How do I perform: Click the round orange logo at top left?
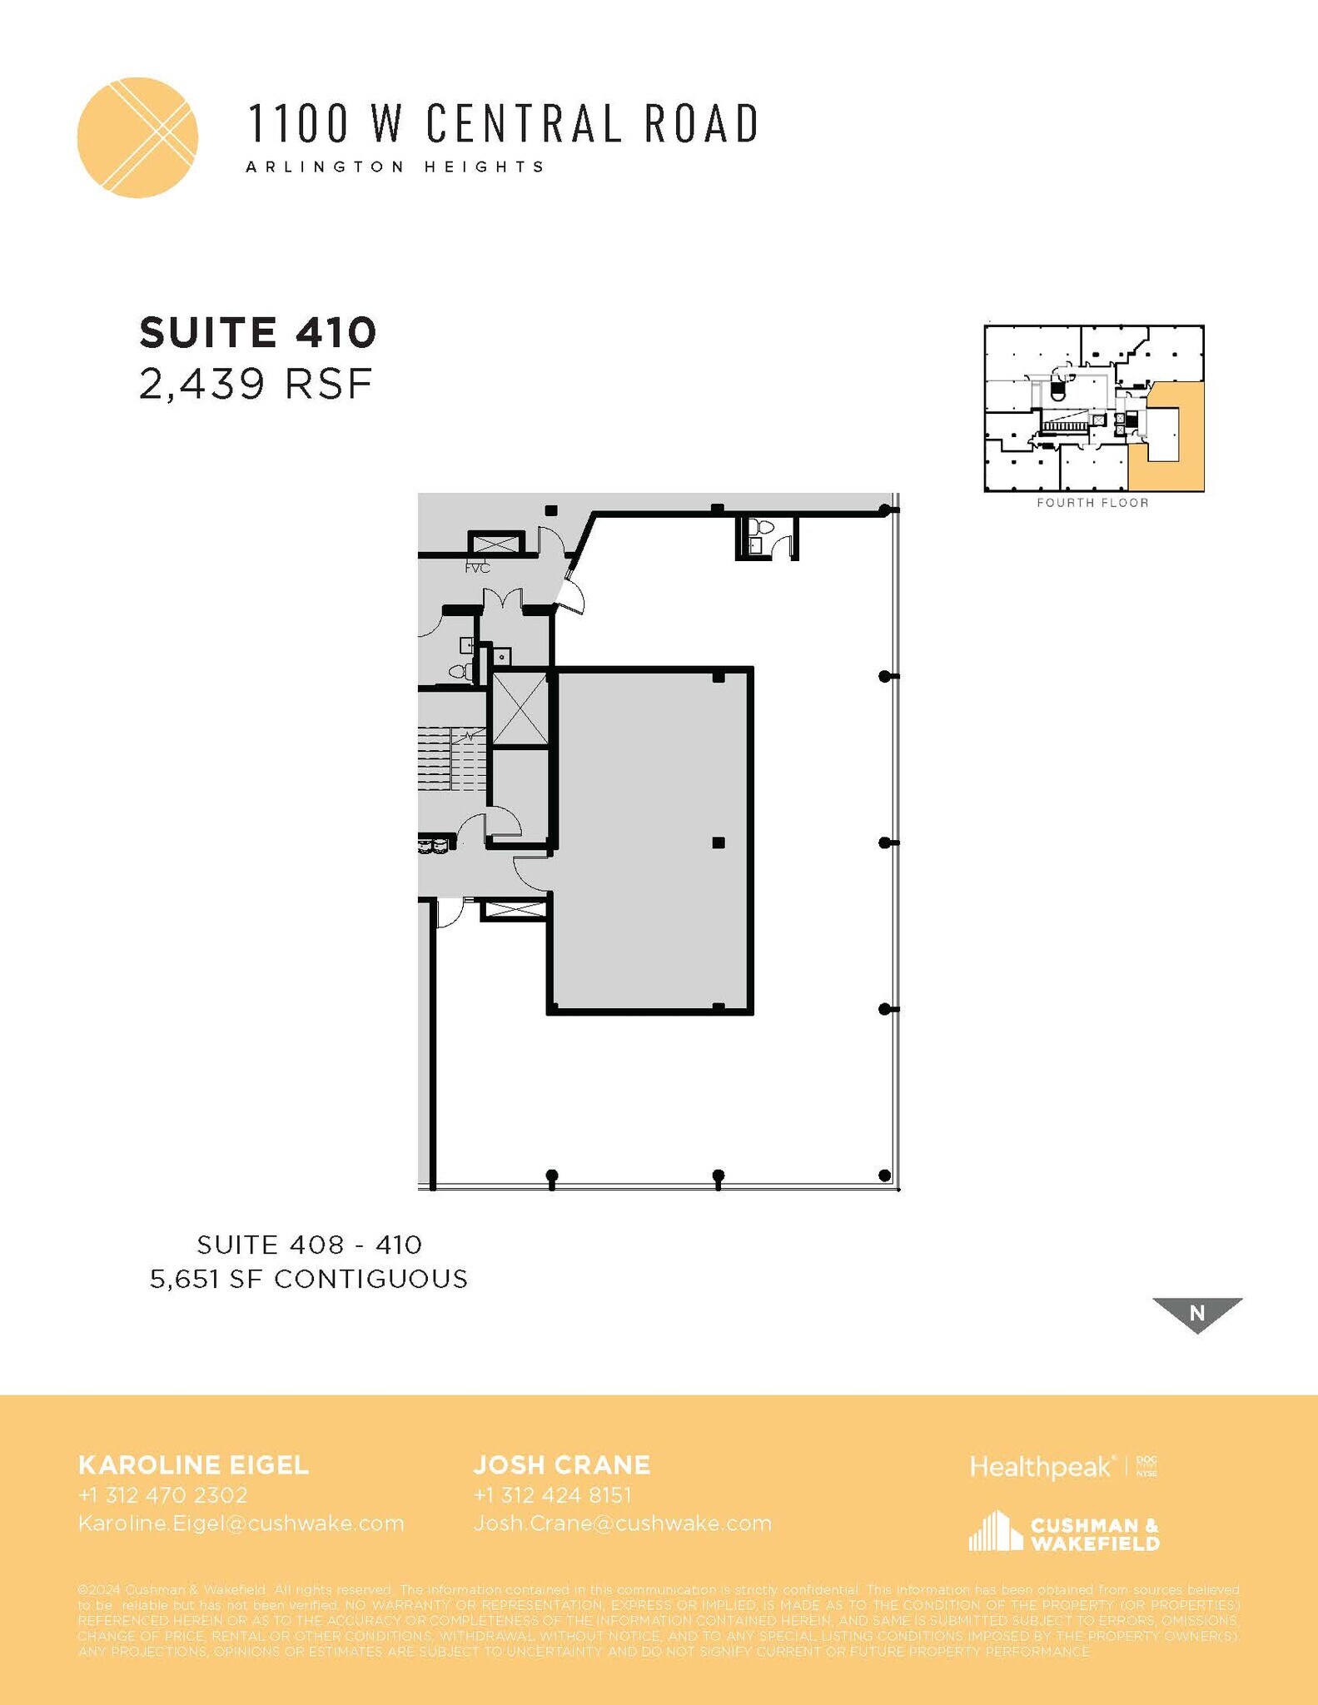click(137, 137)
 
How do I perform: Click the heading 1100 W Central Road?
click(503, 123)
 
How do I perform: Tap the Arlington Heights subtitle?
click(395, 167)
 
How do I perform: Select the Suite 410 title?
click(258, 332)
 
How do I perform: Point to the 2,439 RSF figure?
click(256, 384)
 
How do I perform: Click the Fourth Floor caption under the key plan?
click(1092, 503)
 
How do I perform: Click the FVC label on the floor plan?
click(477, 568)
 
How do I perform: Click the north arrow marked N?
click(1196, 1313)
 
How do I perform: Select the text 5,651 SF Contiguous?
click(309, 1279)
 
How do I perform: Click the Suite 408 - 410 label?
click(310, 1245)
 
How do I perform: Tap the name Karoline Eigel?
click(193, 1465)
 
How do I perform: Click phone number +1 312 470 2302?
click(163, 1495)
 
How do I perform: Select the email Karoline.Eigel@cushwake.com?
click(241, 1524)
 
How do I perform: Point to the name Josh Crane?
click(562, 1465)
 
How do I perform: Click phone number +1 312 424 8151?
click(552, 1495)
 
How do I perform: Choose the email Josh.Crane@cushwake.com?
click(623, 1524)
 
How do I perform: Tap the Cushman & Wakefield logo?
click(1064, 1533)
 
